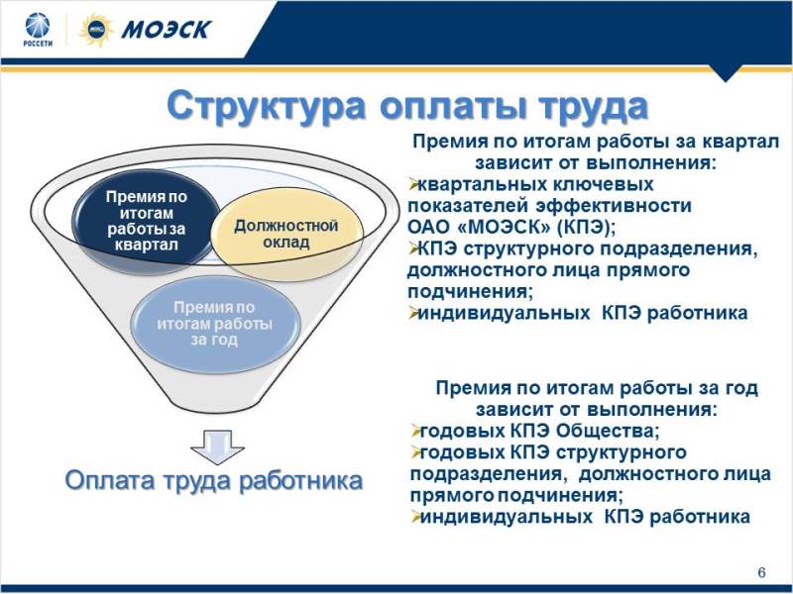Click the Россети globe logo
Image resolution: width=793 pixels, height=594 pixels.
point(38,26)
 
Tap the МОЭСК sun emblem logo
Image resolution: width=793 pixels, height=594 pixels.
point(96,30)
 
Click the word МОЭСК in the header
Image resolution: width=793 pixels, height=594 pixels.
point(166,30)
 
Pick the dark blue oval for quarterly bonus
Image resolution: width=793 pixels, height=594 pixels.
point(146,221)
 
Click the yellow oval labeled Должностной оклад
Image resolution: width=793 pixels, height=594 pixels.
point(286,235)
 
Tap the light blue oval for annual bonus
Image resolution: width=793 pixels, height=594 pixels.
point(215,324)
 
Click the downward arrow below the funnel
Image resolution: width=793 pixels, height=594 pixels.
point(217,447)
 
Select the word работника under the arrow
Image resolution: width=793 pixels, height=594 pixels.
point(300,480)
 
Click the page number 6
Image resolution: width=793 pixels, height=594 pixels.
point(761,572)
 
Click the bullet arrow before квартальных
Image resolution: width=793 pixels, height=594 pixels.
point(413,184)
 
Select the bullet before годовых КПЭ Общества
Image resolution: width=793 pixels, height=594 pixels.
point(415,431)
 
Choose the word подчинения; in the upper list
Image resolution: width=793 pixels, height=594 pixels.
point(470,292)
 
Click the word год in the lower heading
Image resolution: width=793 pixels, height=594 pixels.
point(741,388)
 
